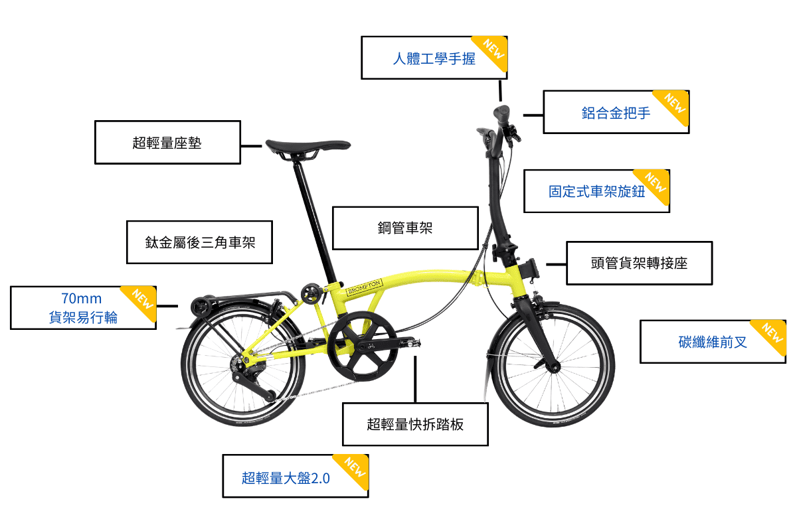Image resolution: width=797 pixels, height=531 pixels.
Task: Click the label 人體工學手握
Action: [x=434, y=58]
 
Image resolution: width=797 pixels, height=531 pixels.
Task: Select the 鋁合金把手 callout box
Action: [x=616, y=112]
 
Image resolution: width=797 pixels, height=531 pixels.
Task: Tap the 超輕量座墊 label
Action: [x=167, y=142]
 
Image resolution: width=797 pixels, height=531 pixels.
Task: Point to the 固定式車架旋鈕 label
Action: [x=596, y=191]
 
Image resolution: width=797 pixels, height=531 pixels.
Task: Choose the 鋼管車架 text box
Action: [x=405, y=228]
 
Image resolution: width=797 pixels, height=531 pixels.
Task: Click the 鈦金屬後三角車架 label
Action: [x=199, y=242]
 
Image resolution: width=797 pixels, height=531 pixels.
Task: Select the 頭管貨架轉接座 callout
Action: [x=639, y=263]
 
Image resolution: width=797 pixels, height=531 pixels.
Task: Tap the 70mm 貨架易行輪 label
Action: [x=83, y=308]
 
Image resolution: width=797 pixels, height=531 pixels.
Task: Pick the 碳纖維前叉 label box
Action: [x=713, y=342]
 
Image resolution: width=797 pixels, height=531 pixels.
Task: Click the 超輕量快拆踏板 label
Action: [x=415, y=424]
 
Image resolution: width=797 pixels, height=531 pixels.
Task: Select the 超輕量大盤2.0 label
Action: [x=286, y=477]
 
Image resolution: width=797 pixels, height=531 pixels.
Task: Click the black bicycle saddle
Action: [x=308, y=146]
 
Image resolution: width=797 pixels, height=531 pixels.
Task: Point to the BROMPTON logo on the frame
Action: [x=365, y=287]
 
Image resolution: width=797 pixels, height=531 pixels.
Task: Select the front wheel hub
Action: [x=549, y=367]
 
